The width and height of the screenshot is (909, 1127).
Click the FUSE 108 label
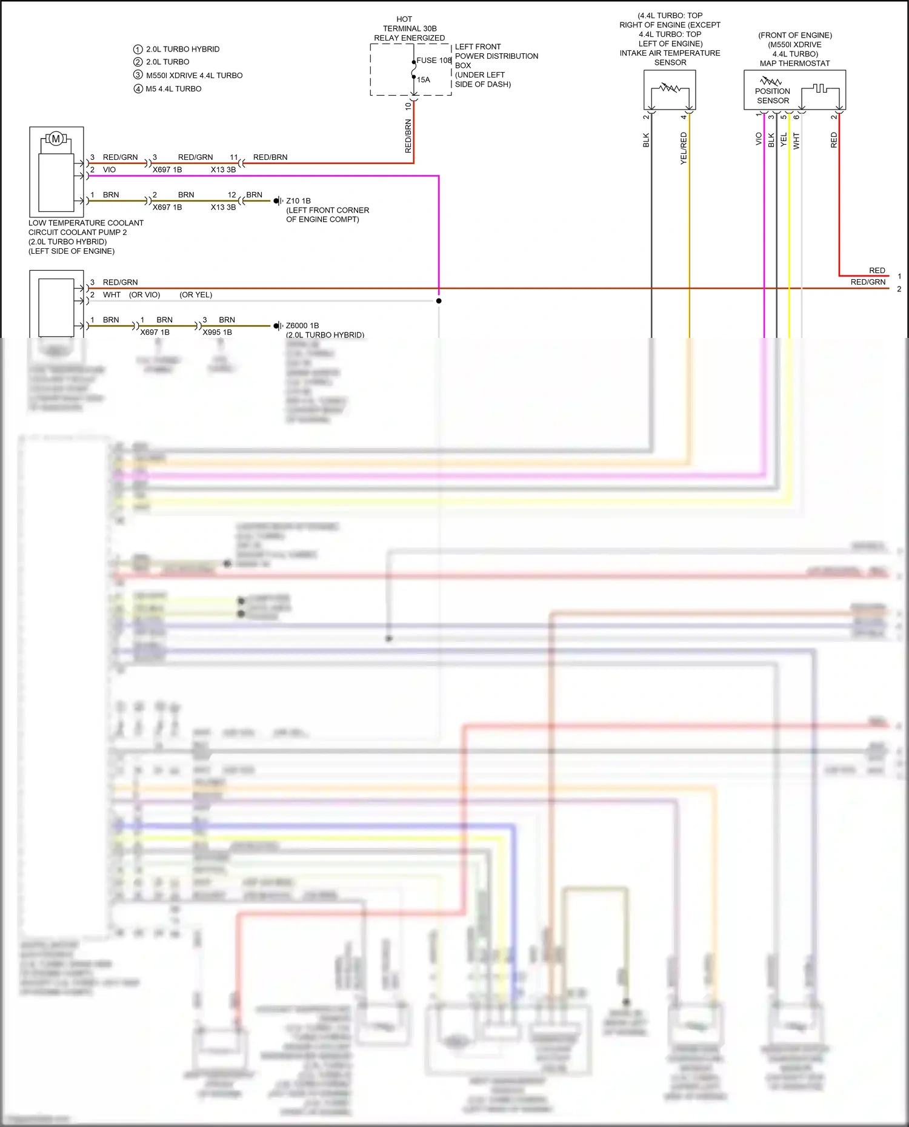(434, 61)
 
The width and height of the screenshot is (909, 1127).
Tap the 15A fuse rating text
(424, 80)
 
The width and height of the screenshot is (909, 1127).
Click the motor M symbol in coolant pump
(56, 139)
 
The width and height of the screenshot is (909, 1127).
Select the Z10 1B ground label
(298, 200)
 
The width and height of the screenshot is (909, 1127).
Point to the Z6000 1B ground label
(302, 326)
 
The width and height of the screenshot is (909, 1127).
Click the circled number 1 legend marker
(138, 49)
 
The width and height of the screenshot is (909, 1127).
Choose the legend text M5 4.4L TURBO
(173, 89)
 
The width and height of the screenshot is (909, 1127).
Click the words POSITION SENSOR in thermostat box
(773, 96)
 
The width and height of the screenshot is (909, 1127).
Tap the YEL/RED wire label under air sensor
(684, 148)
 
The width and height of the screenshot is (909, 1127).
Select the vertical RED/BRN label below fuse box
(408, 136)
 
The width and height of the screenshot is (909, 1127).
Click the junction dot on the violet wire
(439, 301)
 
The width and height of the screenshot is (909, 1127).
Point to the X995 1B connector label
(217, 332)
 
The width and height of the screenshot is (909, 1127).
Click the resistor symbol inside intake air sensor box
(670, 88)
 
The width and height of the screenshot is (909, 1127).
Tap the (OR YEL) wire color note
(196, 295)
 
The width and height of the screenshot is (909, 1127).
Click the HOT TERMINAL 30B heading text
(409, 28)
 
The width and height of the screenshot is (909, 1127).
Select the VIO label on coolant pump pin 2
(109, 170)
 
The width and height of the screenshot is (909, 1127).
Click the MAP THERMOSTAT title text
(794, 64)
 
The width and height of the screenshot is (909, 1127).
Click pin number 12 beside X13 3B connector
(231, 195)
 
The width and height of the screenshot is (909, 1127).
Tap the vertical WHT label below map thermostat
(796, 141)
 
